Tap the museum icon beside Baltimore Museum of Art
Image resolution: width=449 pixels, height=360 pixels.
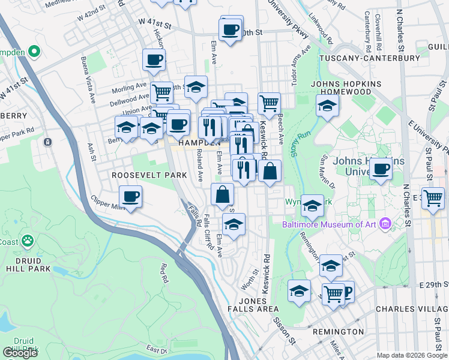385,224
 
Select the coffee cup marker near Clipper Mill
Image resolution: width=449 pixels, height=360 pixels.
130,197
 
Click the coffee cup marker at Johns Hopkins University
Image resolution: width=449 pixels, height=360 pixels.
381,170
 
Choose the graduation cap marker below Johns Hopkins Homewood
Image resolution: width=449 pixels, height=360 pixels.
327,106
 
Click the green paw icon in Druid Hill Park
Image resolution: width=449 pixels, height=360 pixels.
27,241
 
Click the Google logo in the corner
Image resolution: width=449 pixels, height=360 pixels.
20,352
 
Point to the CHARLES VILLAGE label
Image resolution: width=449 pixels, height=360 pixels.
411,309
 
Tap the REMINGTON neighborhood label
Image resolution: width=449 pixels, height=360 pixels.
337,331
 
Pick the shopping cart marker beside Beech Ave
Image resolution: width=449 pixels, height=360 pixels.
269,103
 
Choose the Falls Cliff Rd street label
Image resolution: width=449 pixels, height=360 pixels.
208,232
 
